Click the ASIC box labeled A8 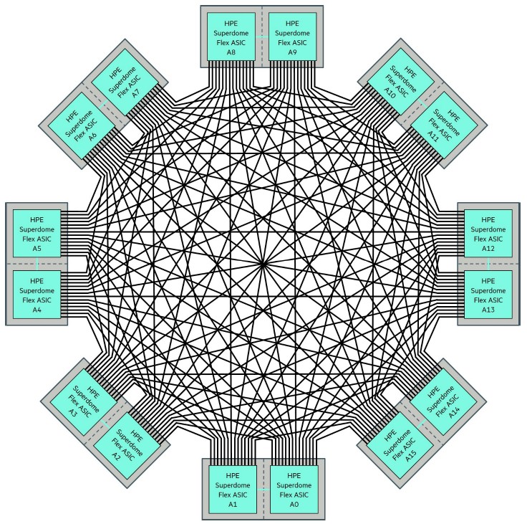[231, 37]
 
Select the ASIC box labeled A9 [292, 37]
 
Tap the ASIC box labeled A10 [401, 82]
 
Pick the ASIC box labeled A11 [445, 125]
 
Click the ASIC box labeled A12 [488, 233]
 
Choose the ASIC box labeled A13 [488, 295]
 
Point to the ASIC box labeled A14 [444, 402]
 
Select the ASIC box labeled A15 [400, 446]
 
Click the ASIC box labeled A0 [294, 490]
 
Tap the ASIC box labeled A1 [233, 490]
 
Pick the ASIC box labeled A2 [126, 447]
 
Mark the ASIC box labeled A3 [83, 403]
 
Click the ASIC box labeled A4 [37, 295]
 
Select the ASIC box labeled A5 [37, 233]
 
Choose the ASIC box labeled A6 [82, 126]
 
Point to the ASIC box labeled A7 [125, 82]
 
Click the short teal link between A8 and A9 [262, 37]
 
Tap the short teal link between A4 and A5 [37, 264]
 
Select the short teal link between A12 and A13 [488, 264]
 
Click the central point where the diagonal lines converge [263, 264]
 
